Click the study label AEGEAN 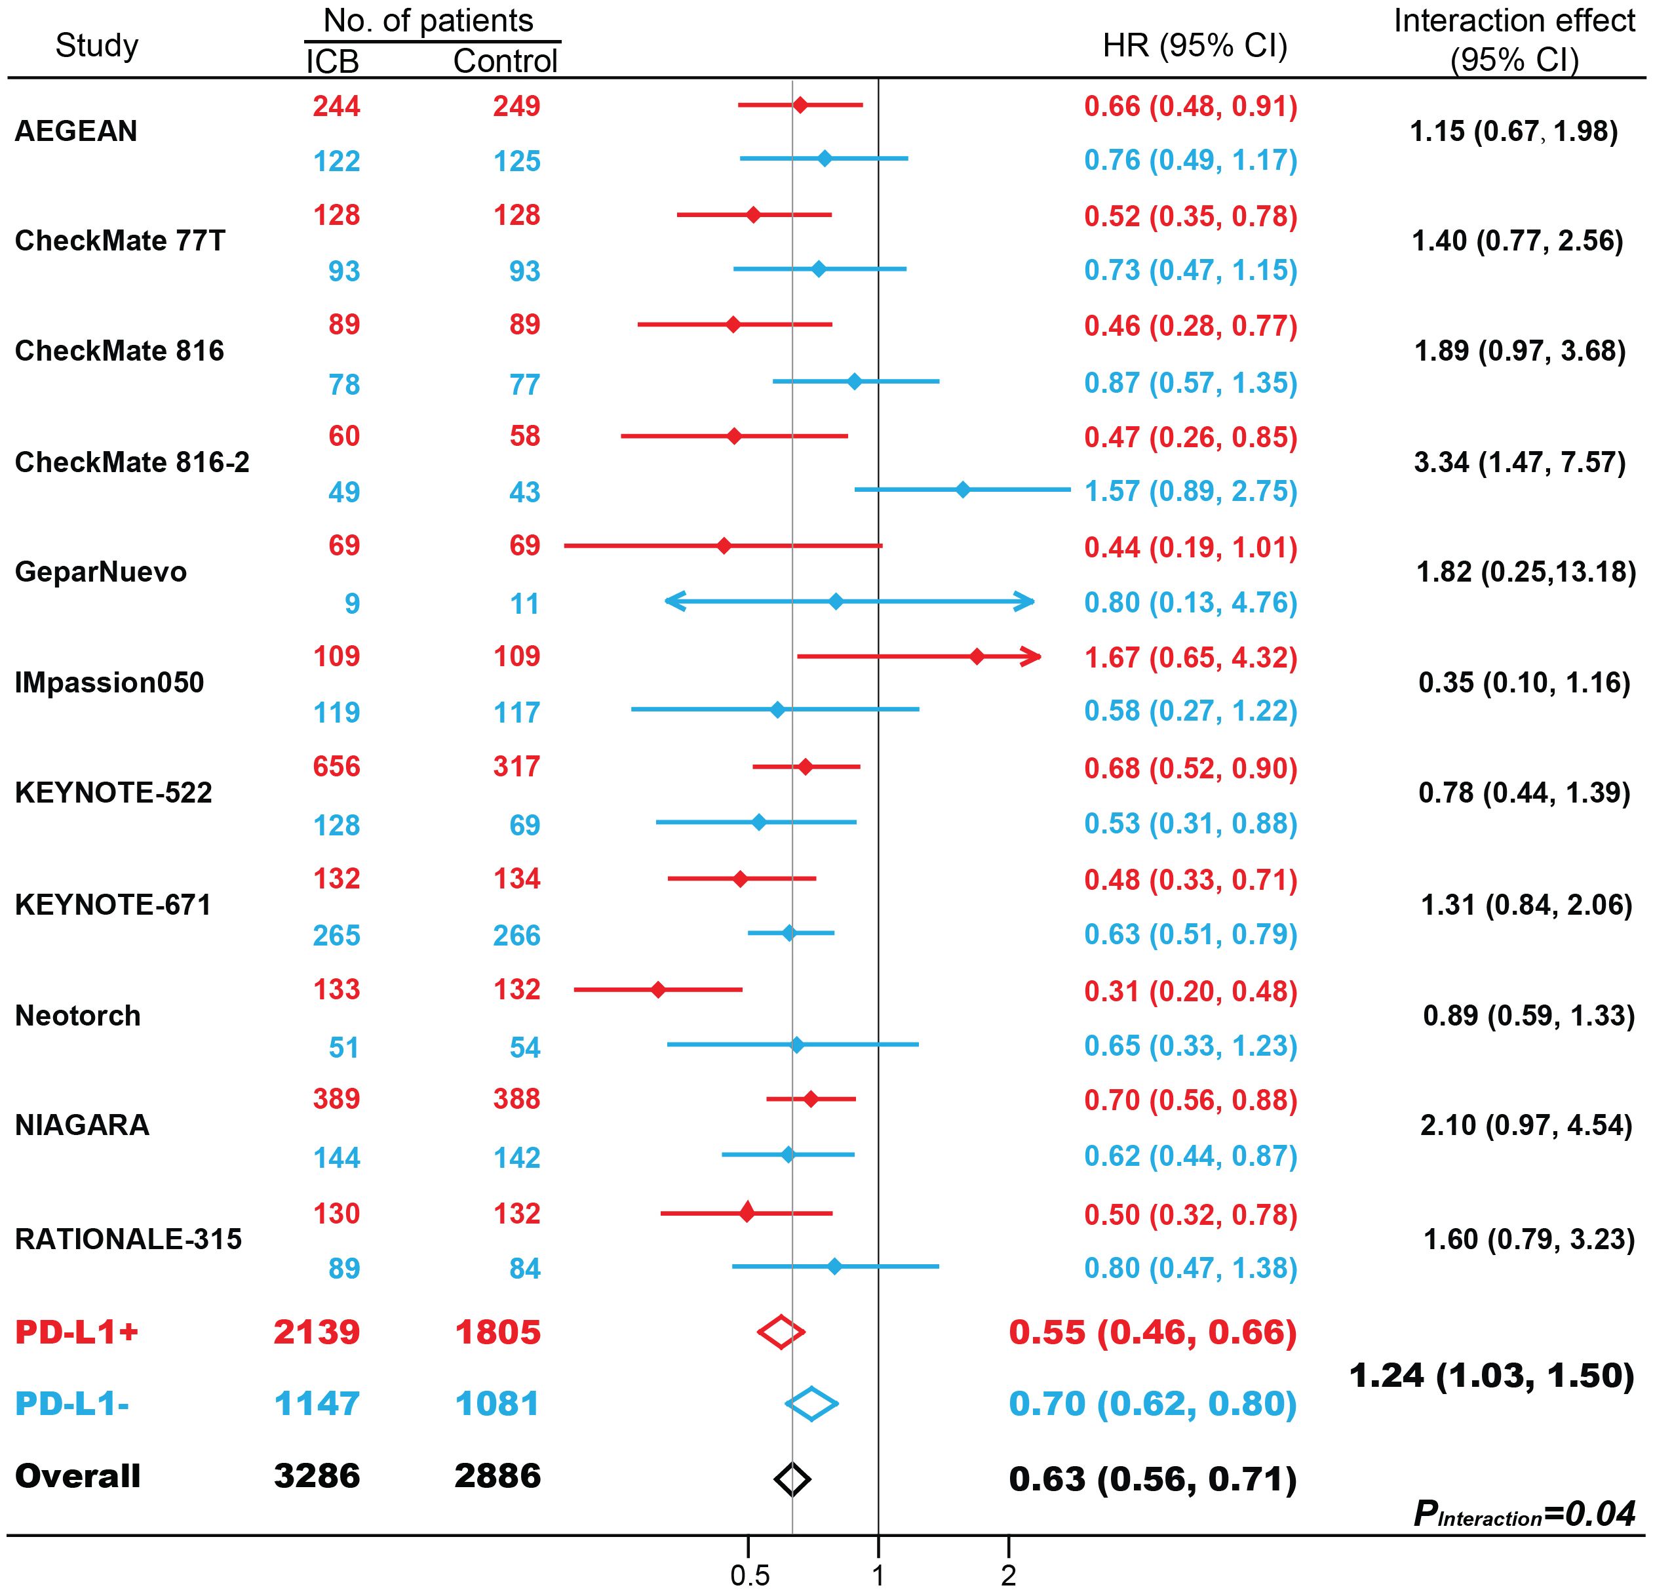point(76,132)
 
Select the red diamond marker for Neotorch point(658,989)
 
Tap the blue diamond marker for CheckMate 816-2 point(963,489)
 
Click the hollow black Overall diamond point(792,1478)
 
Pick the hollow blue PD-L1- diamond point(811,1404)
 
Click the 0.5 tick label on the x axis point(750,1576)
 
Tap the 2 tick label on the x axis point(1009,1576)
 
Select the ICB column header point(332,62)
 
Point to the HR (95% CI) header point(1195,45)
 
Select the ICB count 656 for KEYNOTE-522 point(336,767)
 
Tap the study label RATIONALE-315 point(128,1239)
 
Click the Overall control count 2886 point(497,1476)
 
